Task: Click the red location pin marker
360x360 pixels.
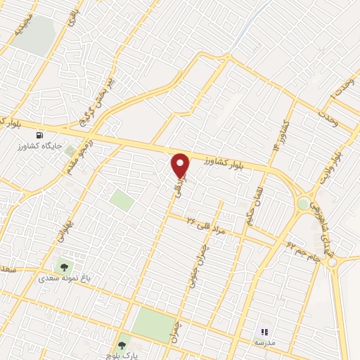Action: [181, 165]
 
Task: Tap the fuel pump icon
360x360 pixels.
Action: [39, 135]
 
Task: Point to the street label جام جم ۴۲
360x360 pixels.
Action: [302, 250]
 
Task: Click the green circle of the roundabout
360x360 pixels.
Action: [304, 204]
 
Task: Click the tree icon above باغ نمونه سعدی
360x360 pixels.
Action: [64, 266]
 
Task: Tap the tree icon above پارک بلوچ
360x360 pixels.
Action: [122, 345]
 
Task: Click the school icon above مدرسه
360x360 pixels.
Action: [264, 331]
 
